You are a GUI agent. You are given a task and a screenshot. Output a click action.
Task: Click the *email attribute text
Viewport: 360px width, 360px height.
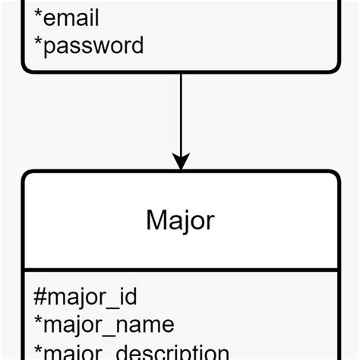coord(67,17)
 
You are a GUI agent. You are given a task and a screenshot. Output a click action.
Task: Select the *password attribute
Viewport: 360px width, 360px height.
coord(89,46)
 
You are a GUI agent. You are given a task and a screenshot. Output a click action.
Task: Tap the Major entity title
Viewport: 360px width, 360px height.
coord(180,220)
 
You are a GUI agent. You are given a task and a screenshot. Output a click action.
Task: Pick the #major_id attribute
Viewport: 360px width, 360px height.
coord(85,297)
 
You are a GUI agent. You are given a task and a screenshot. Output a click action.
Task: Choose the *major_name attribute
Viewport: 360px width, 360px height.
coord(104,325)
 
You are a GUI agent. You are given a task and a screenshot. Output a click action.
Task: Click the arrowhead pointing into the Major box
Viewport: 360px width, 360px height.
coord(181,162)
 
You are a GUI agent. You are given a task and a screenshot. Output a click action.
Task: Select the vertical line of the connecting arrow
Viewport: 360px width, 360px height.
coord(181,114)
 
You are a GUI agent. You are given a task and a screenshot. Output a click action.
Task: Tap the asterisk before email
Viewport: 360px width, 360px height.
coord(38,15)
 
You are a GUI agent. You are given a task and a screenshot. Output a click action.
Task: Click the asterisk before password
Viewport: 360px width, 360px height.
coord(38,43)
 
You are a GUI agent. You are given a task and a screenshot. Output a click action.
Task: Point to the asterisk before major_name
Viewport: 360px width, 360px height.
coord(38,322)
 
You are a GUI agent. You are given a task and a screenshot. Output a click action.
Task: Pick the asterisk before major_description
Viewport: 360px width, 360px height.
coord(38,349)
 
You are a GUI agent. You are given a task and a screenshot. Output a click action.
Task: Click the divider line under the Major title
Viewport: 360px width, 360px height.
coord(180,270)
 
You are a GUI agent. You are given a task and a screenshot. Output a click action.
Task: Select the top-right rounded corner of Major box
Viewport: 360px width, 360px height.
coord(334,175)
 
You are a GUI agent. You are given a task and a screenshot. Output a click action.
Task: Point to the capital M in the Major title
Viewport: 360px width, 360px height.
coord(156,220)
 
